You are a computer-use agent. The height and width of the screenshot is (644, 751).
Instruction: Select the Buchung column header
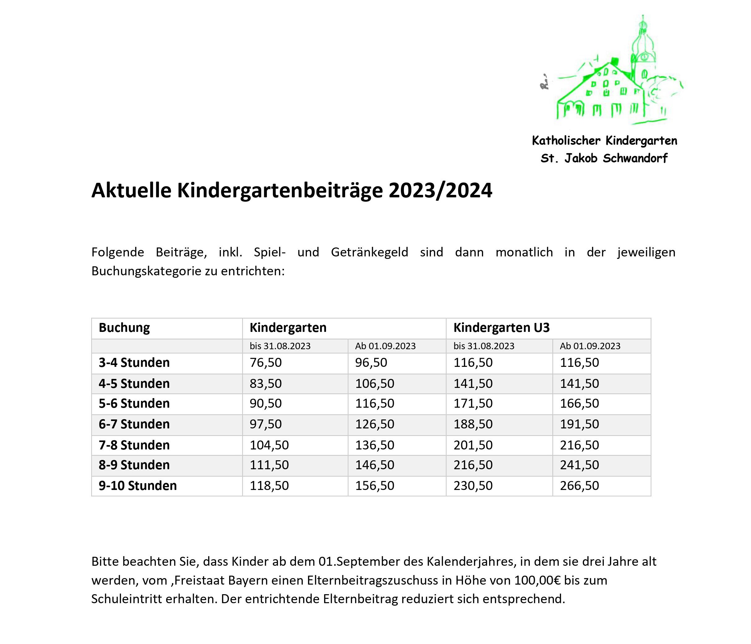124,328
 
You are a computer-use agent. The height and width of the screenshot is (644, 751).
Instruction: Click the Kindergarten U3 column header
501,328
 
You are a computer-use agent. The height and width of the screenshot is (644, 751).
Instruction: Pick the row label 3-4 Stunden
134,363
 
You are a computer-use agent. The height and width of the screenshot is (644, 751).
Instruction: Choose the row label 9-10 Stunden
138,486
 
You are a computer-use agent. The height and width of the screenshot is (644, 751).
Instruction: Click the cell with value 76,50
265,363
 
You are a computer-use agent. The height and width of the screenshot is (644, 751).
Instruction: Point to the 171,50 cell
473,403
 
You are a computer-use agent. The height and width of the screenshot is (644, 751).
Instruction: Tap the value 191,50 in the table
579,424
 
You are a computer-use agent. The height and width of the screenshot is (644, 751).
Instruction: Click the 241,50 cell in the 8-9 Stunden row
579,465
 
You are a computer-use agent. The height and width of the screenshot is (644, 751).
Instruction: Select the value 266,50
579,486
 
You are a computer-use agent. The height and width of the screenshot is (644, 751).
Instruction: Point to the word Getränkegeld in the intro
369,252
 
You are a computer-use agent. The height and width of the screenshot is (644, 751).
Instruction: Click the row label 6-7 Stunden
134,424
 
